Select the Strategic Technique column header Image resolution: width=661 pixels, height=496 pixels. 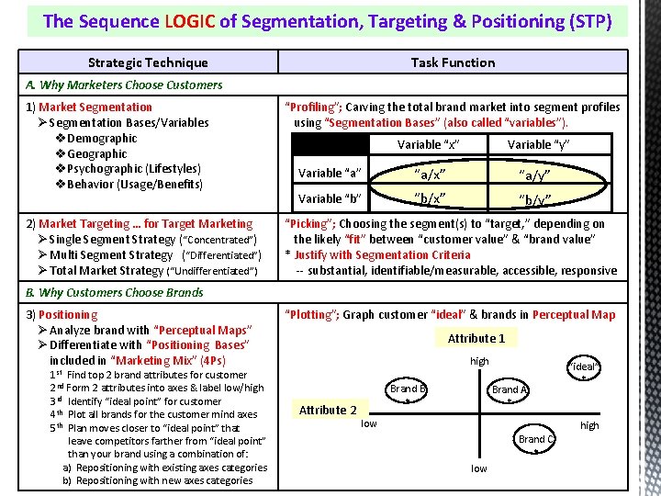(x=148, y=62)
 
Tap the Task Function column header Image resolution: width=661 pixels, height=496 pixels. (x=453, y=62)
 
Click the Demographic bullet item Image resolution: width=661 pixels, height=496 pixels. (x=102, y=138)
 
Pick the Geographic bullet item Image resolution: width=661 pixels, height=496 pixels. (x=96, y=153)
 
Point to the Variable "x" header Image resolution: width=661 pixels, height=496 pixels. (x=428, y=144)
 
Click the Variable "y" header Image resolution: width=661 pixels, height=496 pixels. (x=538, y=144)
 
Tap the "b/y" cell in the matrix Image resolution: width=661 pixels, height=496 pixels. (x=535, y=198)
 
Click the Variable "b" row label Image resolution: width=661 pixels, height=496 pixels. (x=330, y=198)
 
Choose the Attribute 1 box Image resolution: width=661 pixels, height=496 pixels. (x=476, y=338)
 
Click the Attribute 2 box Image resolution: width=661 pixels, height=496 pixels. (x=328, y=410)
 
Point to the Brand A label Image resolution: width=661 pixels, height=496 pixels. (x=510, y=389)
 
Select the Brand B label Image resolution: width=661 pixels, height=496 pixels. (x=408, y=389)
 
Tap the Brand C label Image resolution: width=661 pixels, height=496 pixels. (x=536, y=439)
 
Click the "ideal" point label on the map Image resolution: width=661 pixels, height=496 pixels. (x=584, y=366)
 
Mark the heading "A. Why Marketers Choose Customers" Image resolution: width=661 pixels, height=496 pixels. (x=125, y=85)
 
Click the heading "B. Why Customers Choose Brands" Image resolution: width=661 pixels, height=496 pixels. (x=115, y=292)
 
